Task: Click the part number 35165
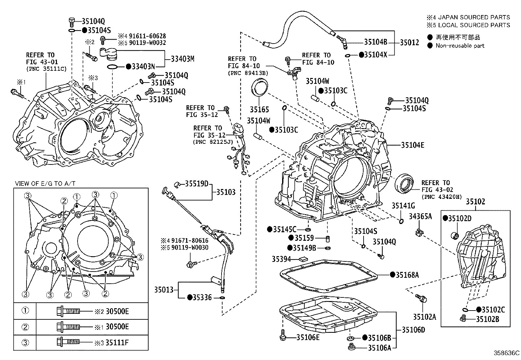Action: point(259,109)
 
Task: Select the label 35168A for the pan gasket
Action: point(407,275)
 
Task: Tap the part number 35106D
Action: point(413,330)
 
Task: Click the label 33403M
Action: point(183,59)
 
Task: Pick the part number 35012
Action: point(409,42)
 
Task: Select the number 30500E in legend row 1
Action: point(117,311)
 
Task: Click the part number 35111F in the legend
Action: point(117,343)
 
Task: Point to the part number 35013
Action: point(164,290)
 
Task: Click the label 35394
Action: point(281,259)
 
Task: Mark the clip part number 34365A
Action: point(420,216)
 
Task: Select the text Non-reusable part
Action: point(460,46)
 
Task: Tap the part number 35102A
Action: point(424,317)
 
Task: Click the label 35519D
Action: point(197,184)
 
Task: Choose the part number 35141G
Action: point(403,206)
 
